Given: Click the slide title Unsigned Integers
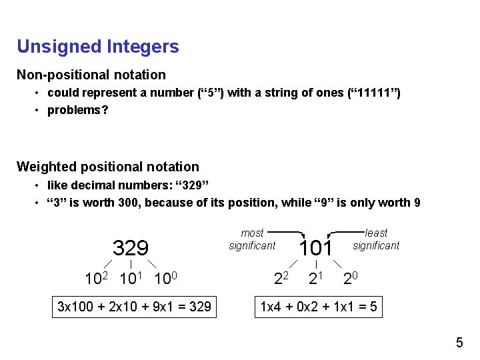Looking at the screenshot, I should tap(98, 47).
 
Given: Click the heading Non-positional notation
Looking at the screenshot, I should tap(91, 75).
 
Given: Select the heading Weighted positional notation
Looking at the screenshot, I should tap(108, 167).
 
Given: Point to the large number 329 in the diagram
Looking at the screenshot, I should tap(131, 249).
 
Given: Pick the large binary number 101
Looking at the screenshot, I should tap(315, 249).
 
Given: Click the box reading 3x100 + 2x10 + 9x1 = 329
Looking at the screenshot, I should tap(135, 307).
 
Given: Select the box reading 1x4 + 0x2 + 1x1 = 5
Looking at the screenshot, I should tap(319, 307).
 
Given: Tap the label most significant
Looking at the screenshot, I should tap(252, 239).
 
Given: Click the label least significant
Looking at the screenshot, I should tap(376, 239).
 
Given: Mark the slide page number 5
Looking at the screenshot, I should tap(459, 343).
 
